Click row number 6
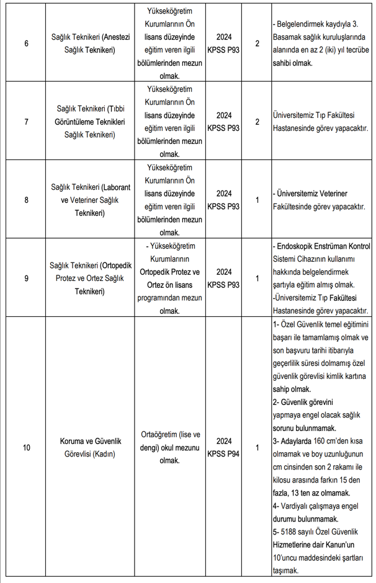coord(26,44)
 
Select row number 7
coord(26,122)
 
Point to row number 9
coord(26,278)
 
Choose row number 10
coord(26,447)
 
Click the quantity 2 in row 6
coord(257,44)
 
